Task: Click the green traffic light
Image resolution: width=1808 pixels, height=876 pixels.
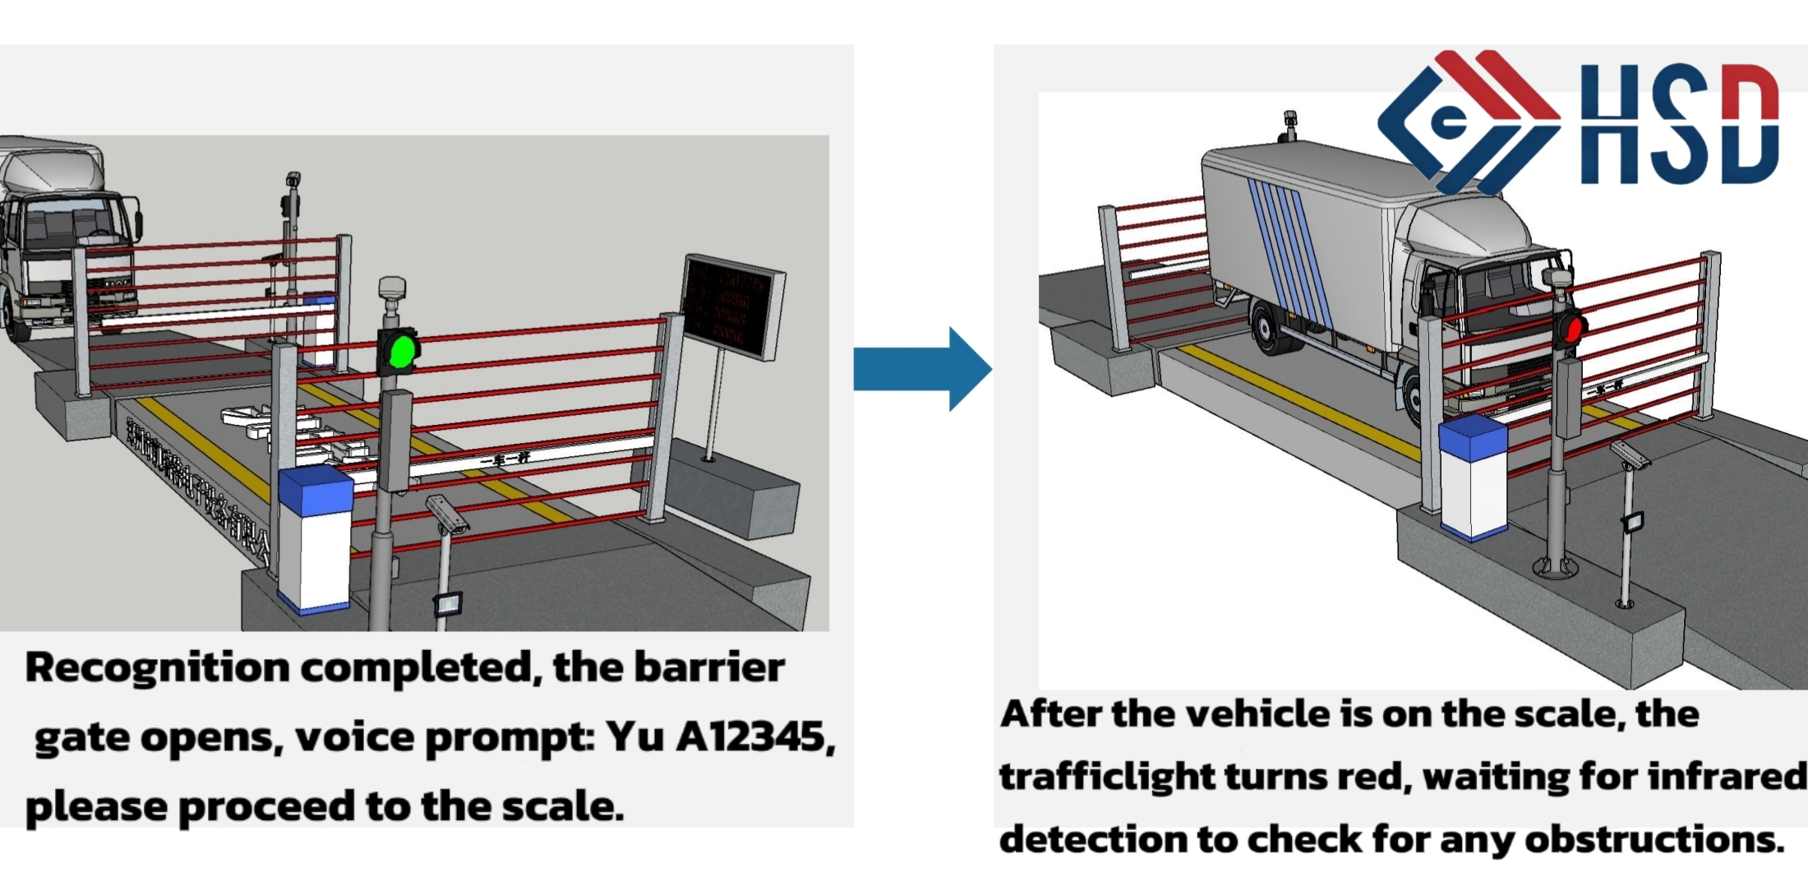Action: [400, 351]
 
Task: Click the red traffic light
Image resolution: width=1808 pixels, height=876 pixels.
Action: [1573, 329]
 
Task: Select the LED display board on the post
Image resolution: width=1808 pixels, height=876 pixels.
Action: [731, 306]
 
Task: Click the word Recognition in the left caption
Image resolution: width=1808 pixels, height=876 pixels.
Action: [157, 667]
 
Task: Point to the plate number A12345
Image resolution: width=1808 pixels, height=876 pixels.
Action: [751, 736]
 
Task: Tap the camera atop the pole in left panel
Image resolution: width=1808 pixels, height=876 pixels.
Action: [293, 179]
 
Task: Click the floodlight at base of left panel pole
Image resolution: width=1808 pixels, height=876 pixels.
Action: [449, 604]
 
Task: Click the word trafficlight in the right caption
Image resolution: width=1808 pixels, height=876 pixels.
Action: [1106, 777]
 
